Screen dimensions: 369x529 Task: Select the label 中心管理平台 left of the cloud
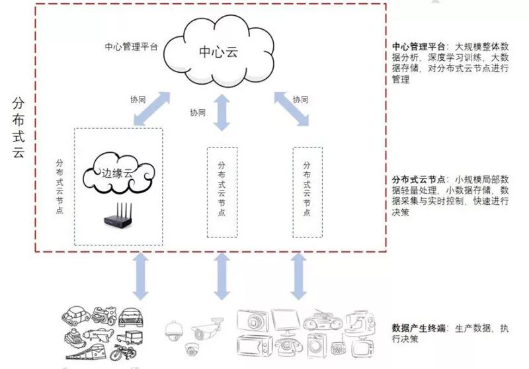(x=131, y=48)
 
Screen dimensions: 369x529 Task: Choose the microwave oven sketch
(x=255, y=347)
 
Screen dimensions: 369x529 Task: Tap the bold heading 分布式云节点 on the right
(x=418, y=180)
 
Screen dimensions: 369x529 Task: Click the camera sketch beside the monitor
(x=253, y=321)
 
